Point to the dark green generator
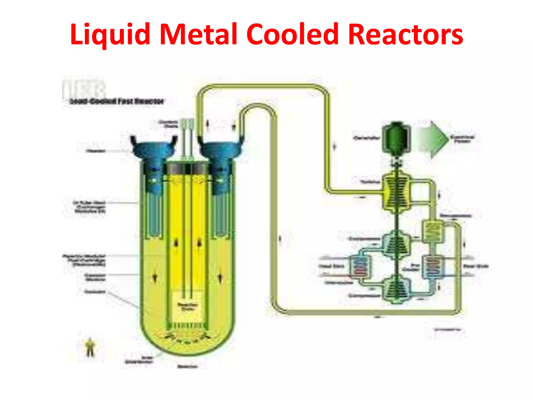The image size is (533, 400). coord(396,138)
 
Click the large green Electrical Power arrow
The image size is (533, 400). coord(433,139)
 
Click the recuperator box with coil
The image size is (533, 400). coord(432,232)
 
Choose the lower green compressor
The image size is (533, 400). coord(396,289)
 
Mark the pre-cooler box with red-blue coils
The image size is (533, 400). coord(432,267)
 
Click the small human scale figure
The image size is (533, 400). coord(90,348)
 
